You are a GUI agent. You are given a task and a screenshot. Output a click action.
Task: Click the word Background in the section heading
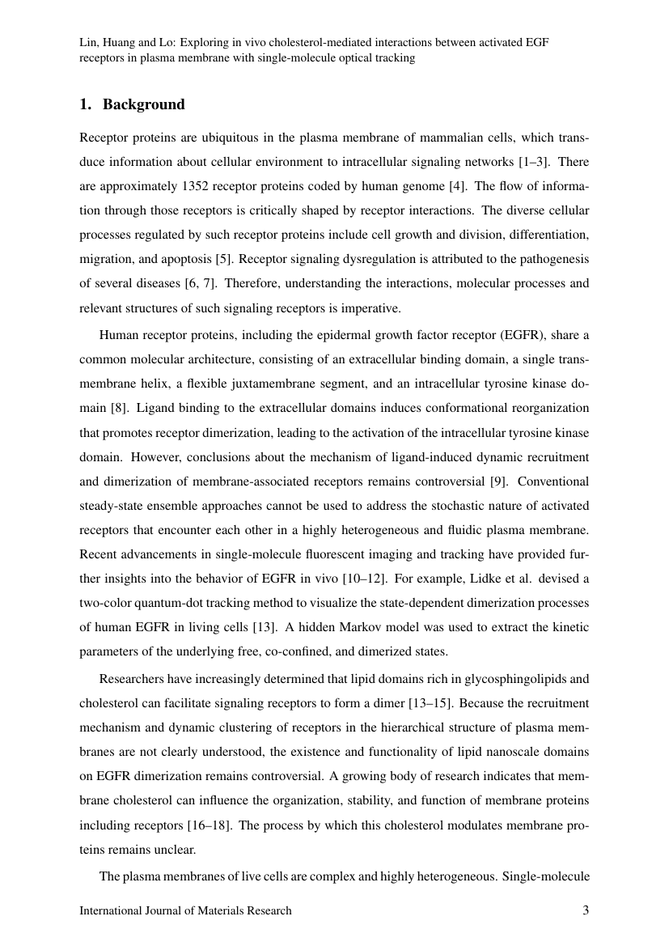pos(143,104)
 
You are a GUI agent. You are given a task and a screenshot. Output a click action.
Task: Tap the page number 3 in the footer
pos(586,910)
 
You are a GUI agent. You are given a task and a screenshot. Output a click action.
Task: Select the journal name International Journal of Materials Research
pos(185,910)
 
